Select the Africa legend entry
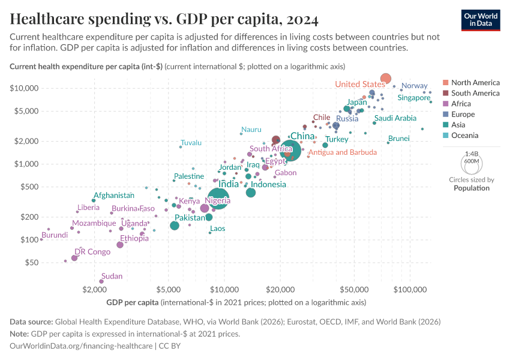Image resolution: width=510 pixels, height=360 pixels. click(462, 104)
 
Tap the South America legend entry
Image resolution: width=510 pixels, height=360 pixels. click(475, 93)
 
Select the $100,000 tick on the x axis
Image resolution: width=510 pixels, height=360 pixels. click(410, 289)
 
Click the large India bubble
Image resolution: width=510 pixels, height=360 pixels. click(220, 199)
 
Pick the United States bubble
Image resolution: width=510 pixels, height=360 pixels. click(386, 79)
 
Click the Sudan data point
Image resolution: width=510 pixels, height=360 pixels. click(101, 281)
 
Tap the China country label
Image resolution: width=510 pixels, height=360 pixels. click(302, 136)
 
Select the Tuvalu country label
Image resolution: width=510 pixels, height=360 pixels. click(191, 143)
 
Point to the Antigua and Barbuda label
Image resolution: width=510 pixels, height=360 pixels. click(343, 152)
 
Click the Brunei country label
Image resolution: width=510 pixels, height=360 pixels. click(399, 139)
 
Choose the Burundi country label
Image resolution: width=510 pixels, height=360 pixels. click(55, 235)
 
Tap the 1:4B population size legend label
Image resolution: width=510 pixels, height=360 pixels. click(471, 154)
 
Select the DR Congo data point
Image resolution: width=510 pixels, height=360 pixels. click(74, 258)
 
